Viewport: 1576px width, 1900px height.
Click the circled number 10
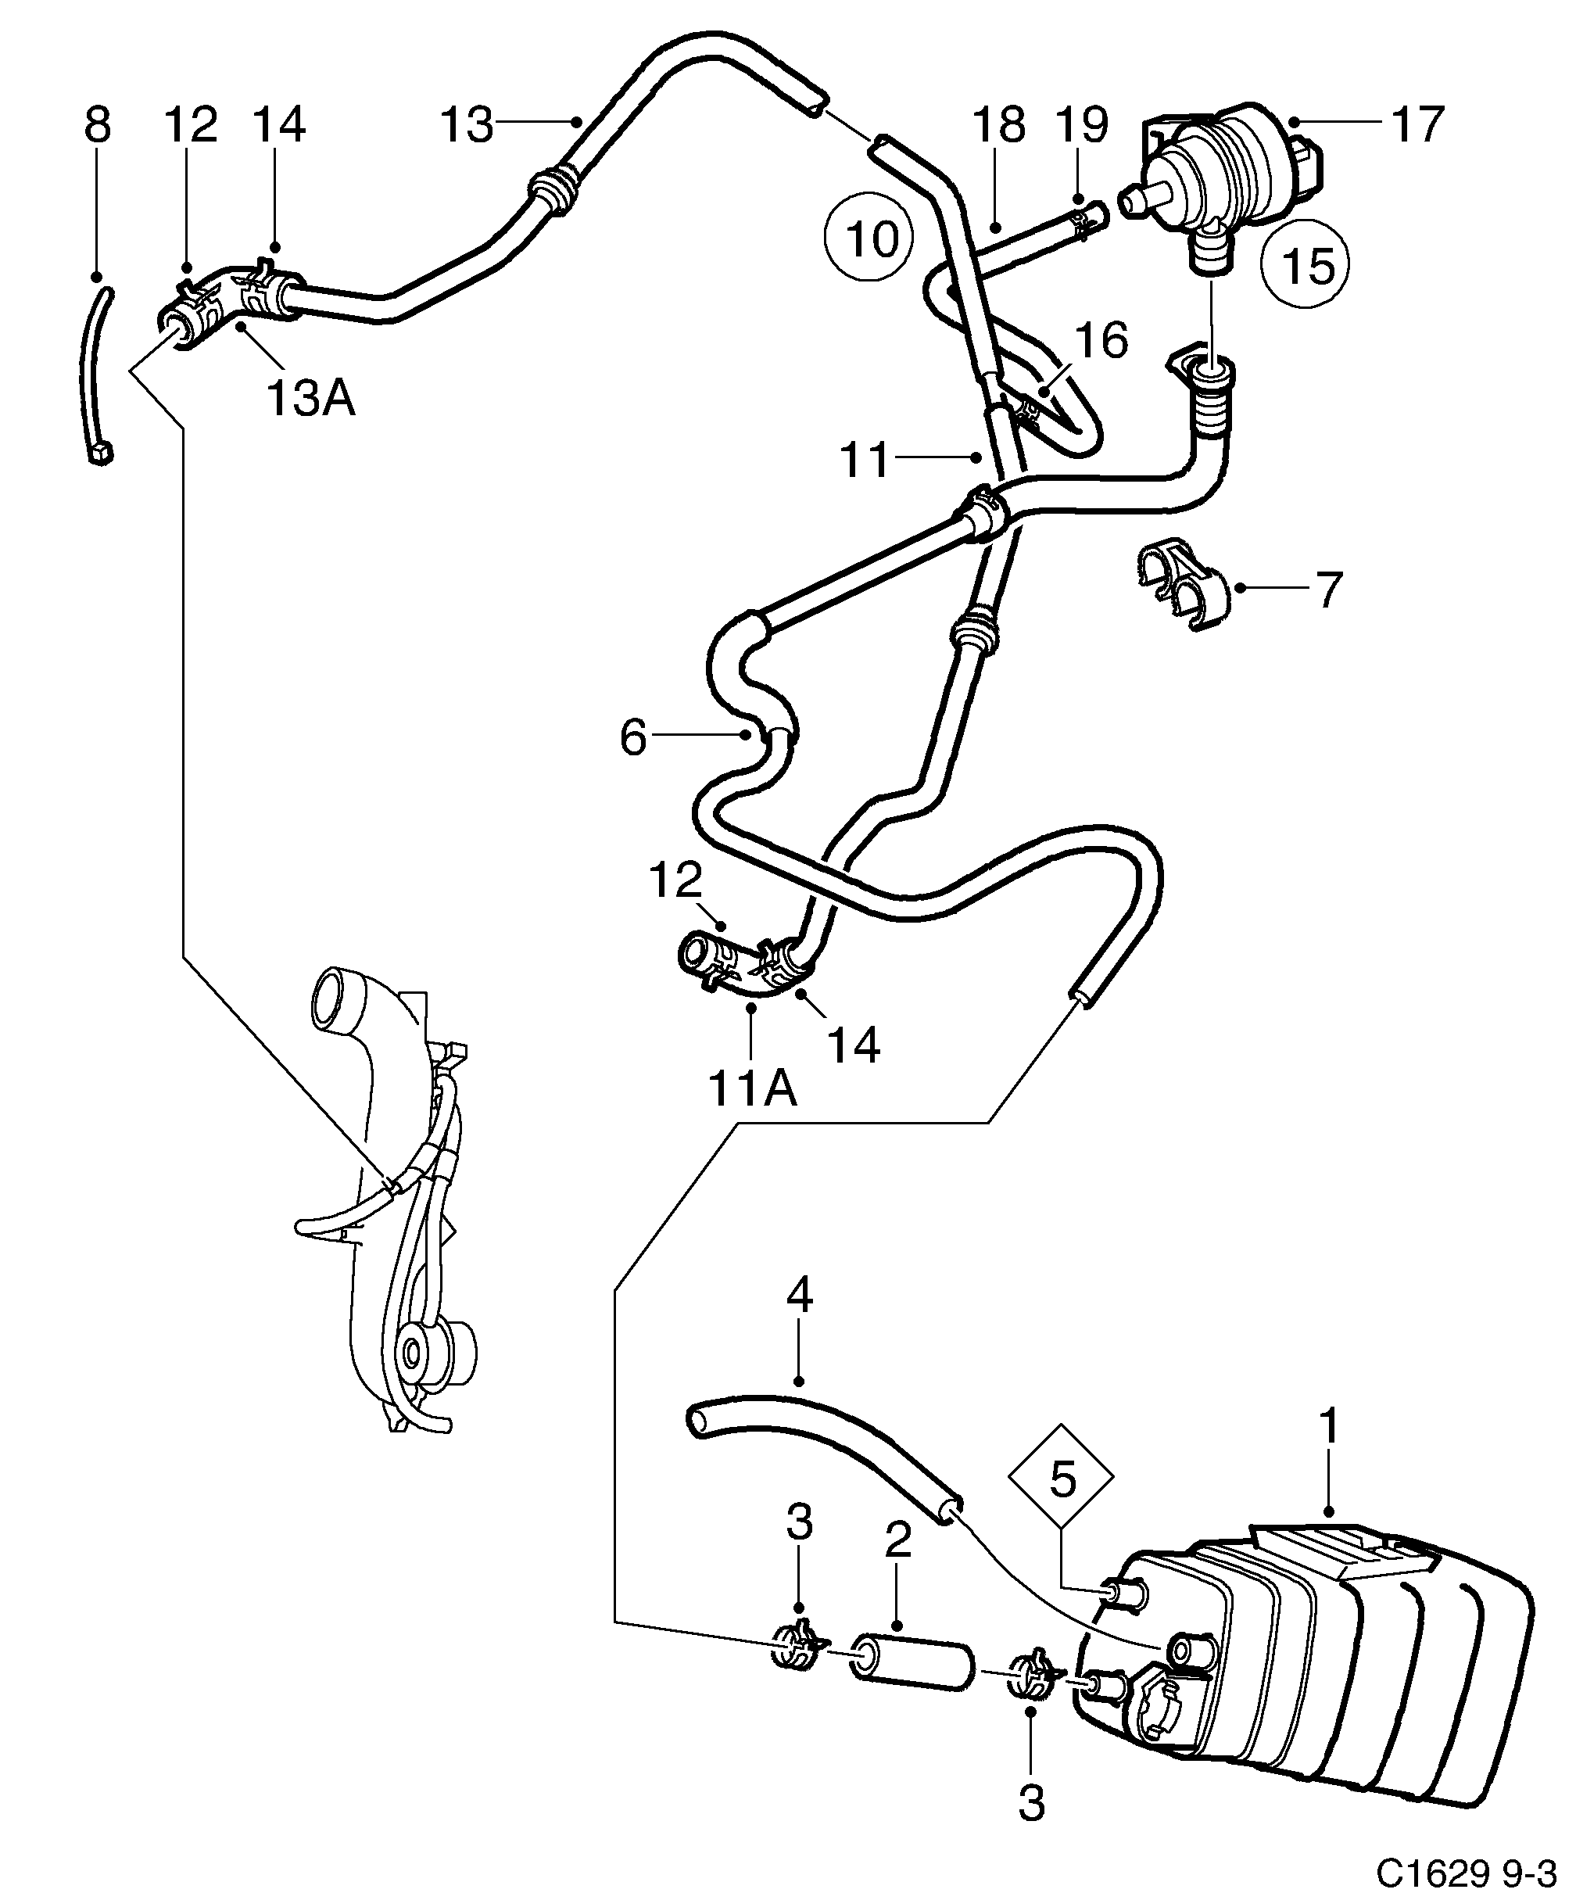[869, 237]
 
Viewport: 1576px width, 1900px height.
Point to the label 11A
[752, 1088]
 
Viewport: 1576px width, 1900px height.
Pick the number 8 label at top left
[97, 124]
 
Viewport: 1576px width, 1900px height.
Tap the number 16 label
[1101, 340]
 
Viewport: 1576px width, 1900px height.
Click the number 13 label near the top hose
[466, 124]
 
